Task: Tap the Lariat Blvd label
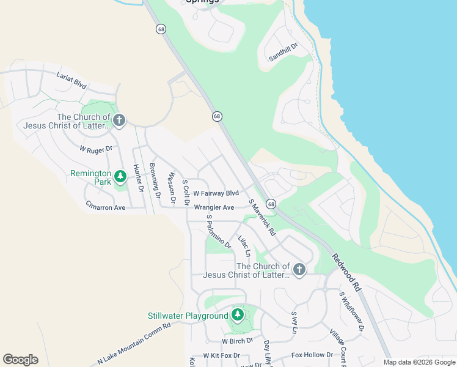[x=71, y=80]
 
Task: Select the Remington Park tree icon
[x=121, y=177]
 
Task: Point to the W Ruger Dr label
[x=96, y=149]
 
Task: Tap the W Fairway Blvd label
[x=216, y=193]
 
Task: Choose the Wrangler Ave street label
[x=214, y=208]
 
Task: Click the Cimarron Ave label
[x=105, y=207]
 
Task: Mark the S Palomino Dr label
[x=218, y=232]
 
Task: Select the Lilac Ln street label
[x=244, y=246]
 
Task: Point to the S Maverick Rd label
[x=262, y=218]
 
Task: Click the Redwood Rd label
[x=346, y=272]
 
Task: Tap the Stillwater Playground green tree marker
[x=238, y=316]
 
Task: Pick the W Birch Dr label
[x=237, y=341]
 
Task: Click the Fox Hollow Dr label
[x=312, y=355]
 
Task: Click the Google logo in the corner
[x=20, y=360]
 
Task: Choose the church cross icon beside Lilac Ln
[x=299, y=270]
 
